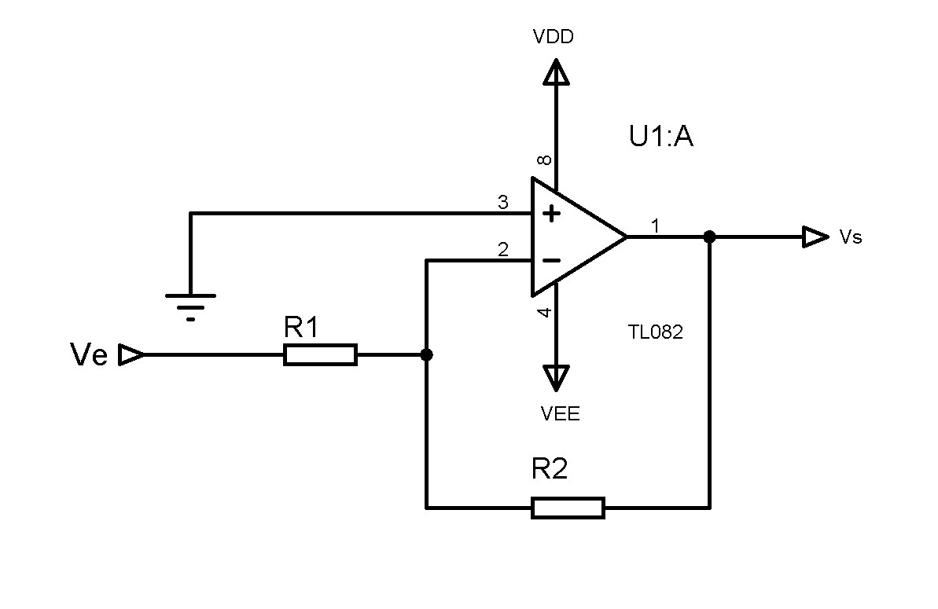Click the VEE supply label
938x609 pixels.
[561, 414]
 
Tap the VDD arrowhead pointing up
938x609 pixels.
[557, 72]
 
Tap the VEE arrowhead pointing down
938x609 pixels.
[557, 378]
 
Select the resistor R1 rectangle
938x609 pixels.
[320, 355]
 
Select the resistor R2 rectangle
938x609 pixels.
[568, 508]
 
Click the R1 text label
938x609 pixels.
[301, 328]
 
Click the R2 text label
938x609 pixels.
[550, 470]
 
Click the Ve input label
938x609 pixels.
[89, 356]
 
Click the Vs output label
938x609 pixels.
[851, 237]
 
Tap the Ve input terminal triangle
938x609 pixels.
[131, 356]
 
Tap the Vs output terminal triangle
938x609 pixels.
[815, 237]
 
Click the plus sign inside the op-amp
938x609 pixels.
[553, 213]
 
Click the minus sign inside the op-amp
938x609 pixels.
[553, 260]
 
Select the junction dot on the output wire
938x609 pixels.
[709, 237]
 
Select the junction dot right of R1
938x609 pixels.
[426, 355]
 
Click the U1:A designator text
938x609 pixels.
[660, 138]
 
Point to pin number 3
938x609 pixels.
[503, 203]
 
